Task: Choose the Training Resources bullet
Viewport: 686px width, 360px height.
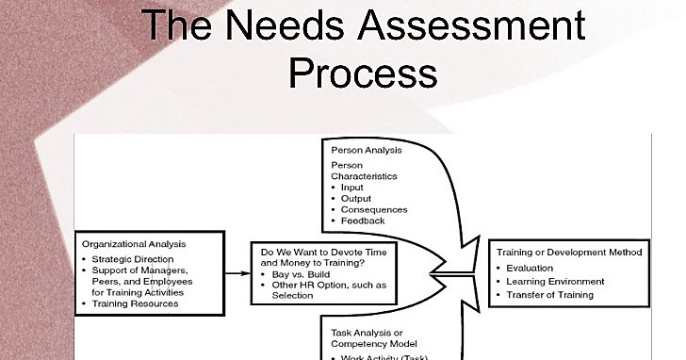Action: (136, 303)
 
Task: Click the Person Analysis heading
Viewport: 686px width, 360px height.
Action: (367, 150)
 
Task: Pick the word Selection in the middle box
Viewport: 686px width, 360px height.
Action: (291, 296)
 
